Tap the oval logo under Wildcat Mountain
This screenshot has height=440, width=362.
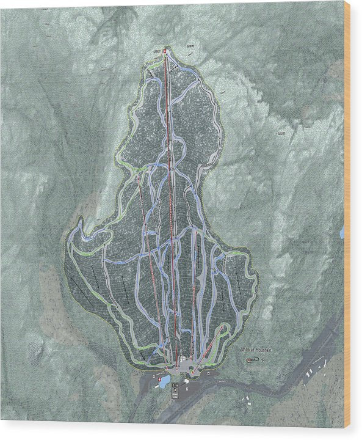point(252,361)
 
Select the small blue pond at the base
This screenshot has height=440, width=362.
point(164,381)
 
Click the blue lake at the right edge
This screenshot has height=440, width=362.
point(342,232)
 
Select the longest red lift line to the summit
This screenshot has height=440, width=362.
point(172,208)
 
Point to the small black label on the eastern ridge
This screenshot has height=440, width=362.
point(281,132)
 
